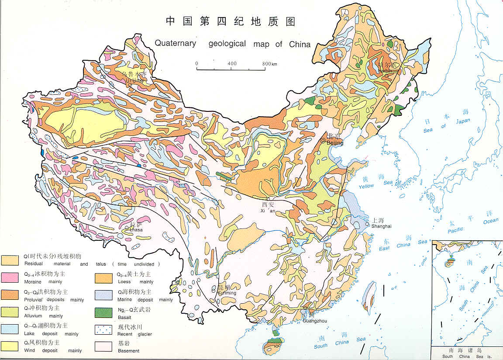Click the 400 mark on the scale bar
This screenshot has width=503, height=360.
coord(232,64)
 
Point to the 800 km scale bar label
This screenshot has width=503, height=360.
coord(270,64)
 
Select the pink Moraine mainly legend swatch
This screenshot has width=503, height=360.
coord(10,277)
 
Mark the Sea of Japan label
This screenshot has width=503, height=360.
coord(446,124)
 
